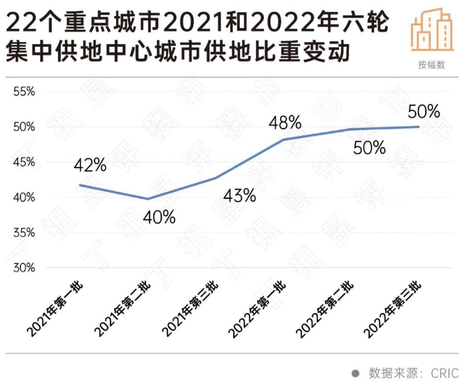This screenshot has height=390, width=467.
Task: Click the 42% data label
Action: [x=91, y=165]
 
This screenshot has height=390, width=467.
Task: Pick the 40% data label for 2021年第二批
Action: [x=160, y=217]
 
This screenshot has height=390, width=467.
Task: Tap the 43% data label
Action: [x=240, y=195]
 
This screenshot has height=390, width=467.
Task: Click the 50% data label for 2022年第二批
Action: [x=369, y=148]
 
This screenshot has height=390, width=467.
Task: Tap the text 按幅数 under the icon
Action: [x=432, y=65]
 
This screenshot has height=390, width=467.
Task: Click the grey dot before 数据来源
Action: [x=355, y=373]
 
